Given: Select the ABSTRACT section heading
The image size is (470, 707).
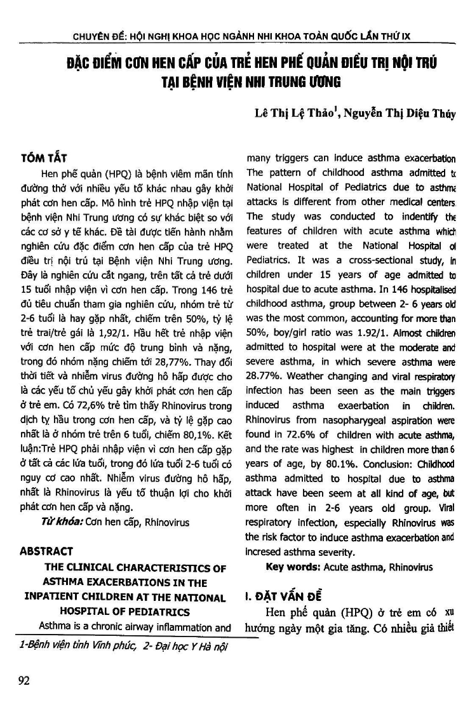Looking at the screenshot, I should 47,551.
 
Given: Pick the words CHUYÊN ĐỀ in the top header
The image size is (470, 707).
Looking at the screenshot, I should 100,37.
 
